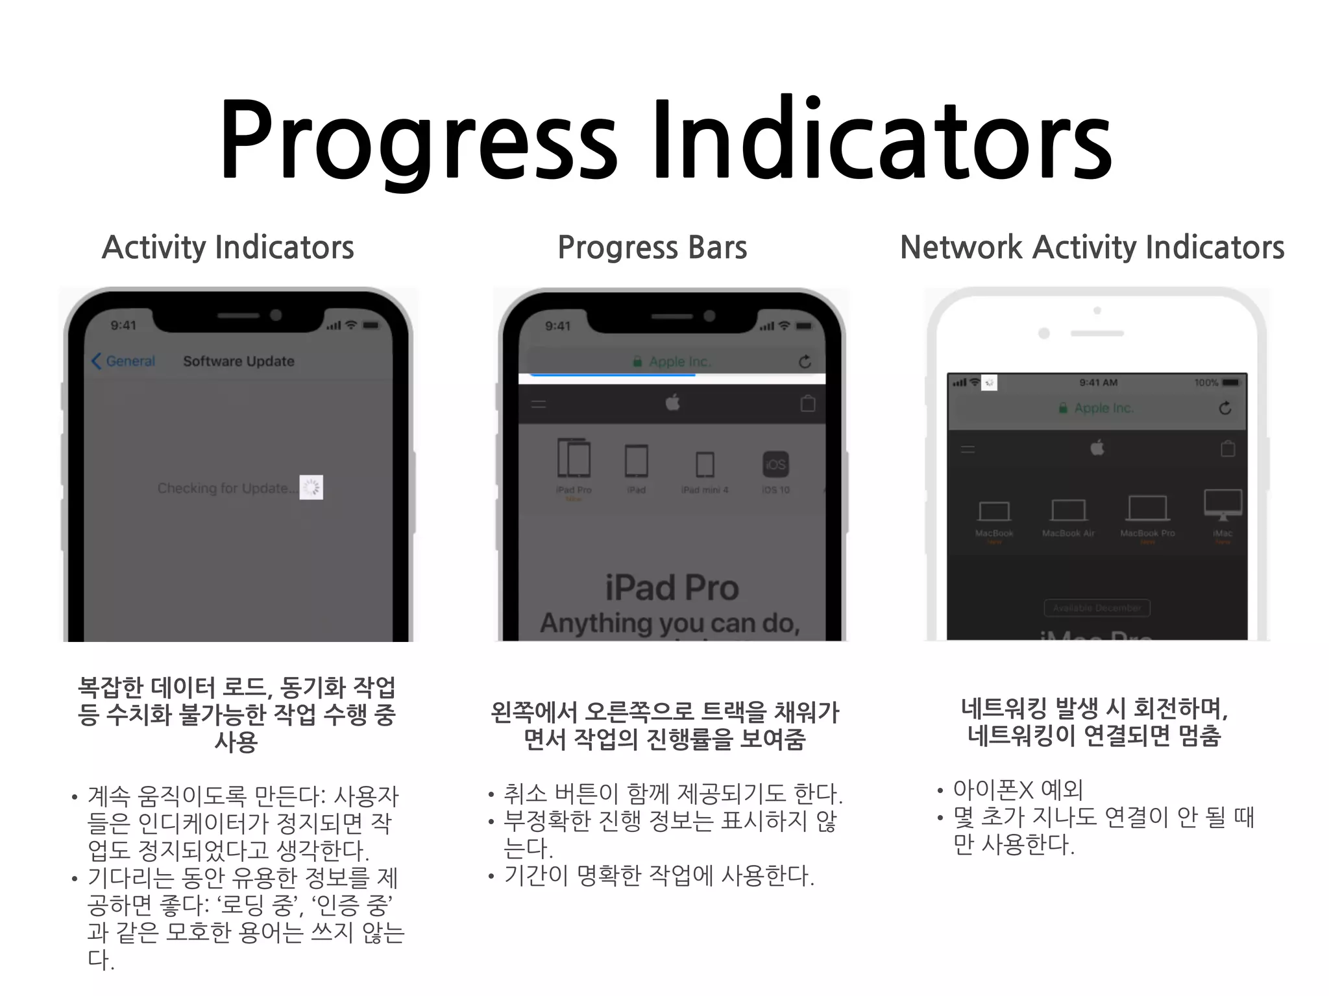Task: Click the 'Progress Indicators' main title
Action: (666, 139)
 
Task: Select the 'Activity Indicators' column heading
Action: (228, 248)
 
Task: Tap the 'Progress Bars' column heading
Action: (652, 248)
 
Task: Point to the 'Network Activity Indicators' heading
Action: (1092, 248)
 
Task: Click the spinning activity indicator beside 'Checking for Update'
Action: (311, 488)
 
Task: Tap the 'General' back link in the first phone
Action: (124, 361)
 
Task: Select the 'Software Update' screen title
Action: (239, 361)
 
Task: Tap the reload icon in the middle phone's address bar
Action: (805, 362)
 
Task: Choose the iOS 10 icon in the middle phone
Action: (775, 465)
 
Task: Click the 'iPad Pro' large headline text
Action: (672, 588)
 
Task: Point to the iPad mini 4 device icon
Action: (705, 465)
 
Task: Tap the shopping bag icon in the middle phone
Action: (808, 404)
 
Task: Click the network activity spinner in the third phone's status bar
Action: (989, 383)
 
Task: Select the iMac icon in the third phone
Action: (1223, 505)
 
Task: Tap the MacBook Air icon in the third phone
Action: (1068, 511)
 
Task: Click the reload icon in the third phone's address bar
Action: (1225, 408)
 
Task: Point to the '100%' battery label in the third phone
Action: (1206, 383)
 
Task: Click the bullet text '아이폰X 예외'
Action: (1018, 790)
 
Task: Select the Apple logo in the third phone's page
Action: (1097, 447)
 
